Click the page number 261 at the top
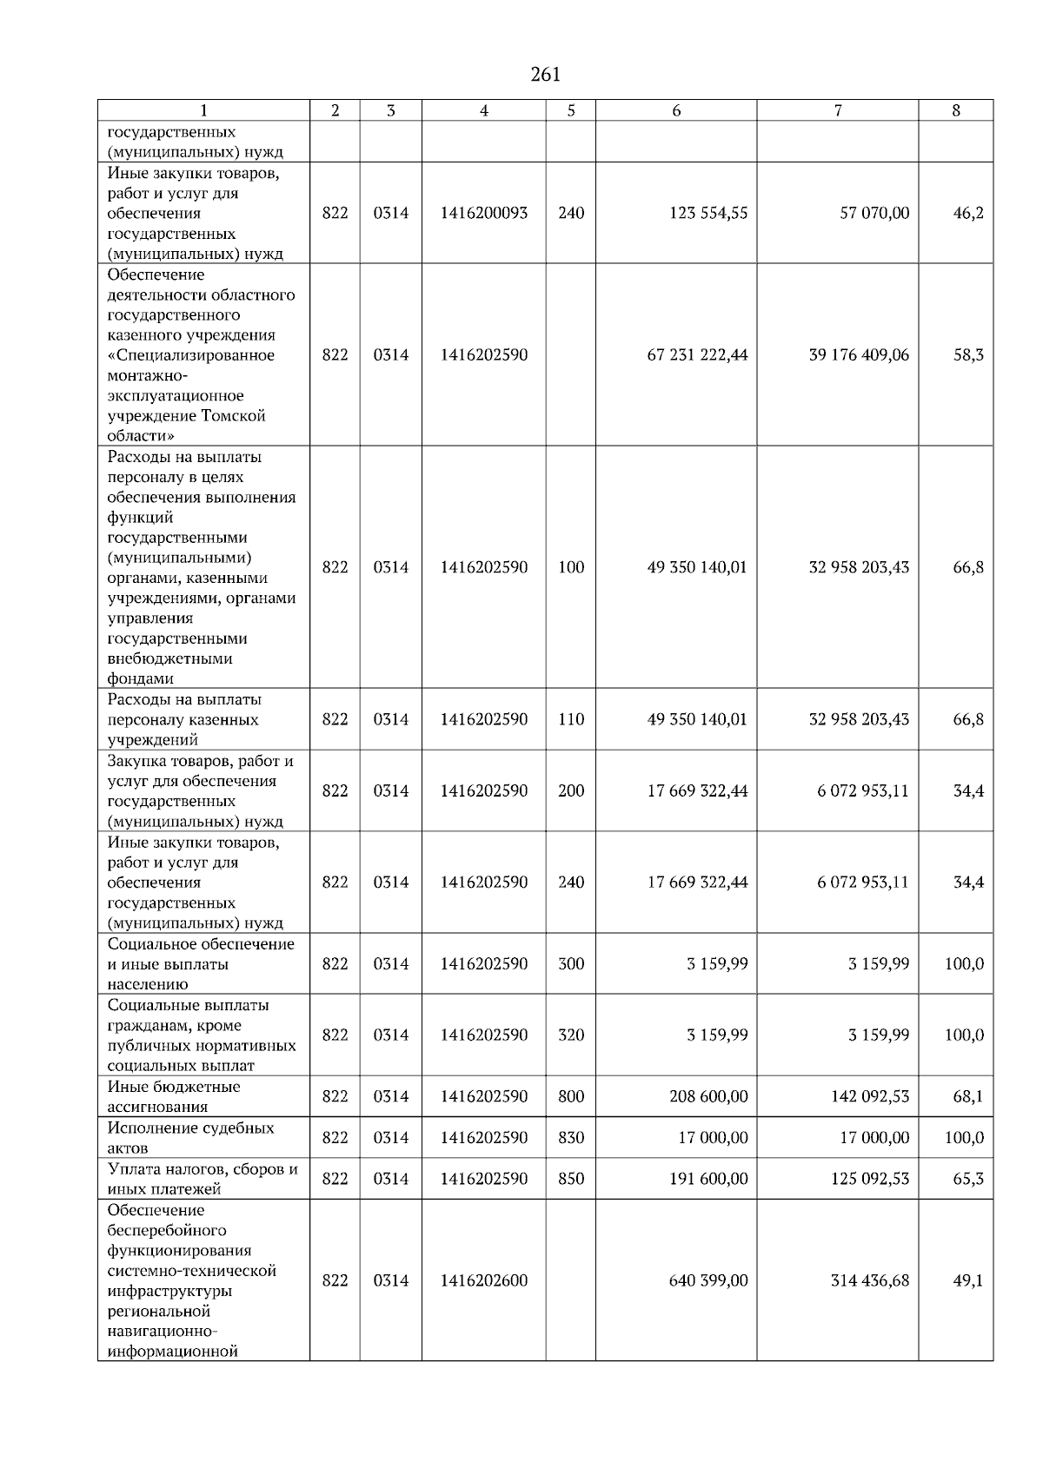tap(545, 75)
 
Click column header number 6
tap(675, 110)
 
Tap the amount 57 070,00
tap(874, 213)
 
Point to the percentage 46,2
tap(968, 213)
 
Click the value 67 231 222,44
tap(697, 355)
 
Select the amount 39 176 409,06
tap(859, 355)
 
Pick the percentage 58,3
tap(968, 355)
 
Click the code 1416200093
tap(483, 213)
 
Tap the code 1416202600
tap(483, 1280)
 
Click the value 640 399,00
tap(708, 1280)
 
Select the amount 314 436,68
tap(870, 1280)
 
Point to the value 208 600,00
tap(708, 1096)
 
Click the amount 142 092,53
tap(870, 1096)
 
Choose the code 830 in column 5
tap(571, 1137)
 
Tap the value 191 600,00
tap(708, 1179)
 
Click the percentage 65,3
tap(968, 1179)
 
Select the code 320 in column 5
tap(571, 1035)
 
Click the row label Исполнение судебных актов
tap(190, 1137)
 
